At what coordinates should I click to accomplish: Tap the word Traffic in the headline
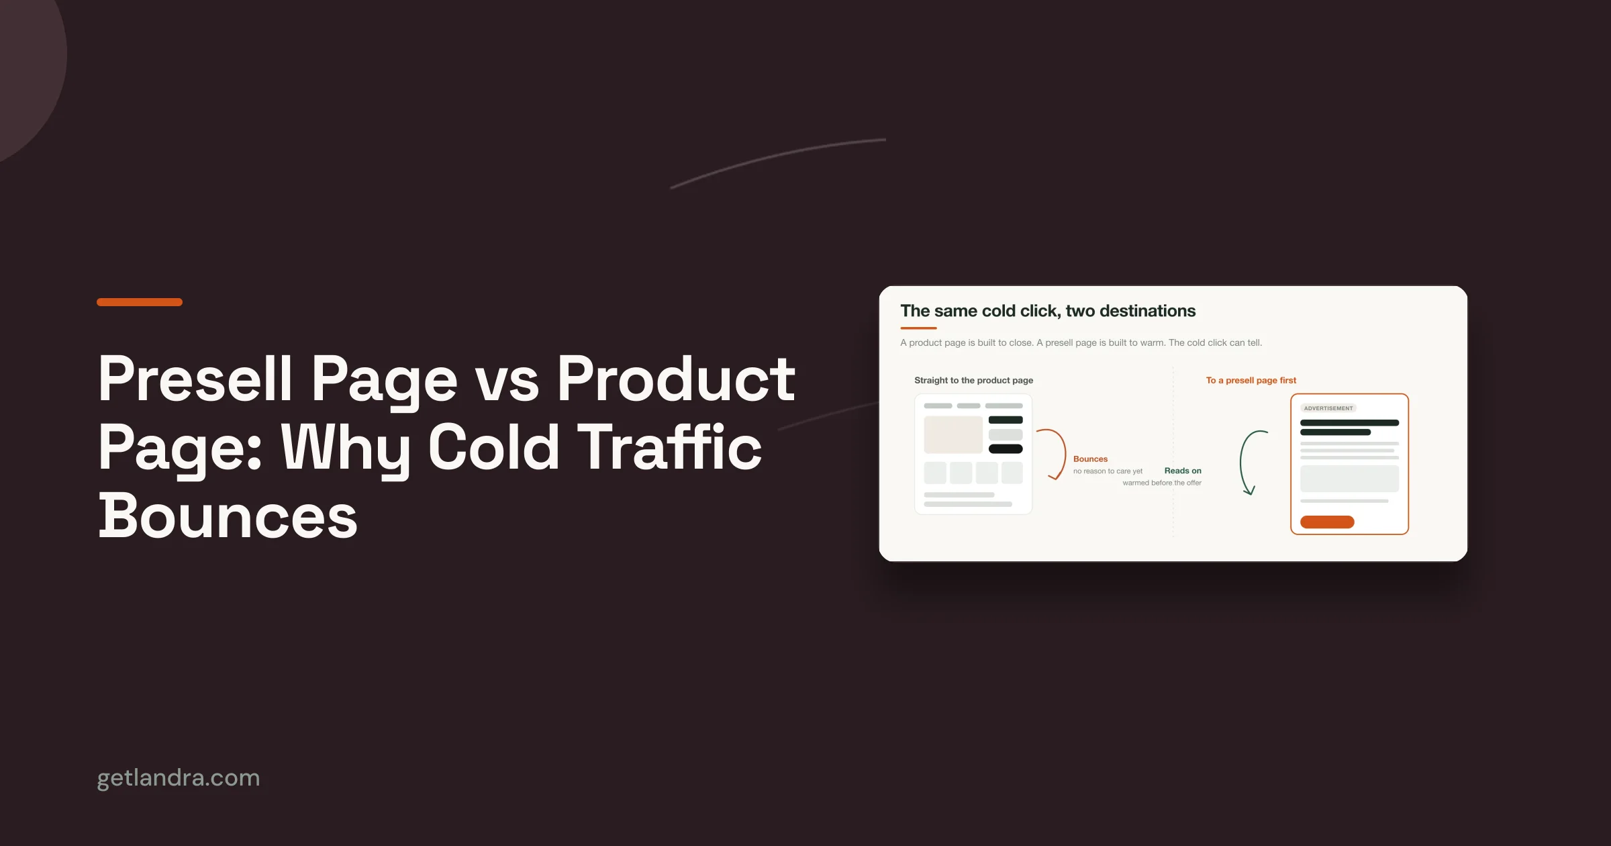[669, 447]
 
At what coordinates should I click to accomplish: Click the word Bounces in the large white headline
[228, 516]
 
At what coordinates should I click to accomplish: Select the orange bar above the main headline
[140, 302]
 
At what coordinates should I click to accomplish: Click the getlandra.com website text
[179, 778]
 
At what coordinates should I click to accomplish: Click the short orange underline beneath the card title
[918, 328]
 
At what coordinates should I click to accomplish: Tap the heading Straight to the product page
[973, 380]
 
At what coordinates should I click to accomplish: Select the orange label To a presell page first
[1251, 380]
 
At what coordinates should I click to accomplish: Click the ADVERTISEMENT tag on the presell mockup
[1328, 408]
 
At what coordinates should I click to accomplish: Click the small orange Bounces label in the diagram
[1090, 459]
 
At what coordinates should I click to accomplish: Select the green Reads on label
[1183, 471]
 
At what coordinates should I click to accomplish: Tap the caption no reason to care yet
[1108, 471]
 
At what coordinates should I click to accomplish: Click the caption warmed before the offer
[1162, 483]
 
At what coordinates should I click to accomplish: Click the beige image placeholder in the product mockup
[953, 435]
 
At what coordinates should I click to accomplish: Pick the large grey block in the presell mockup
[1349, 479]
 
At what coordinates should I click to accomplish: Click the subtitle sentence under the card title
[1081, 342]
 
